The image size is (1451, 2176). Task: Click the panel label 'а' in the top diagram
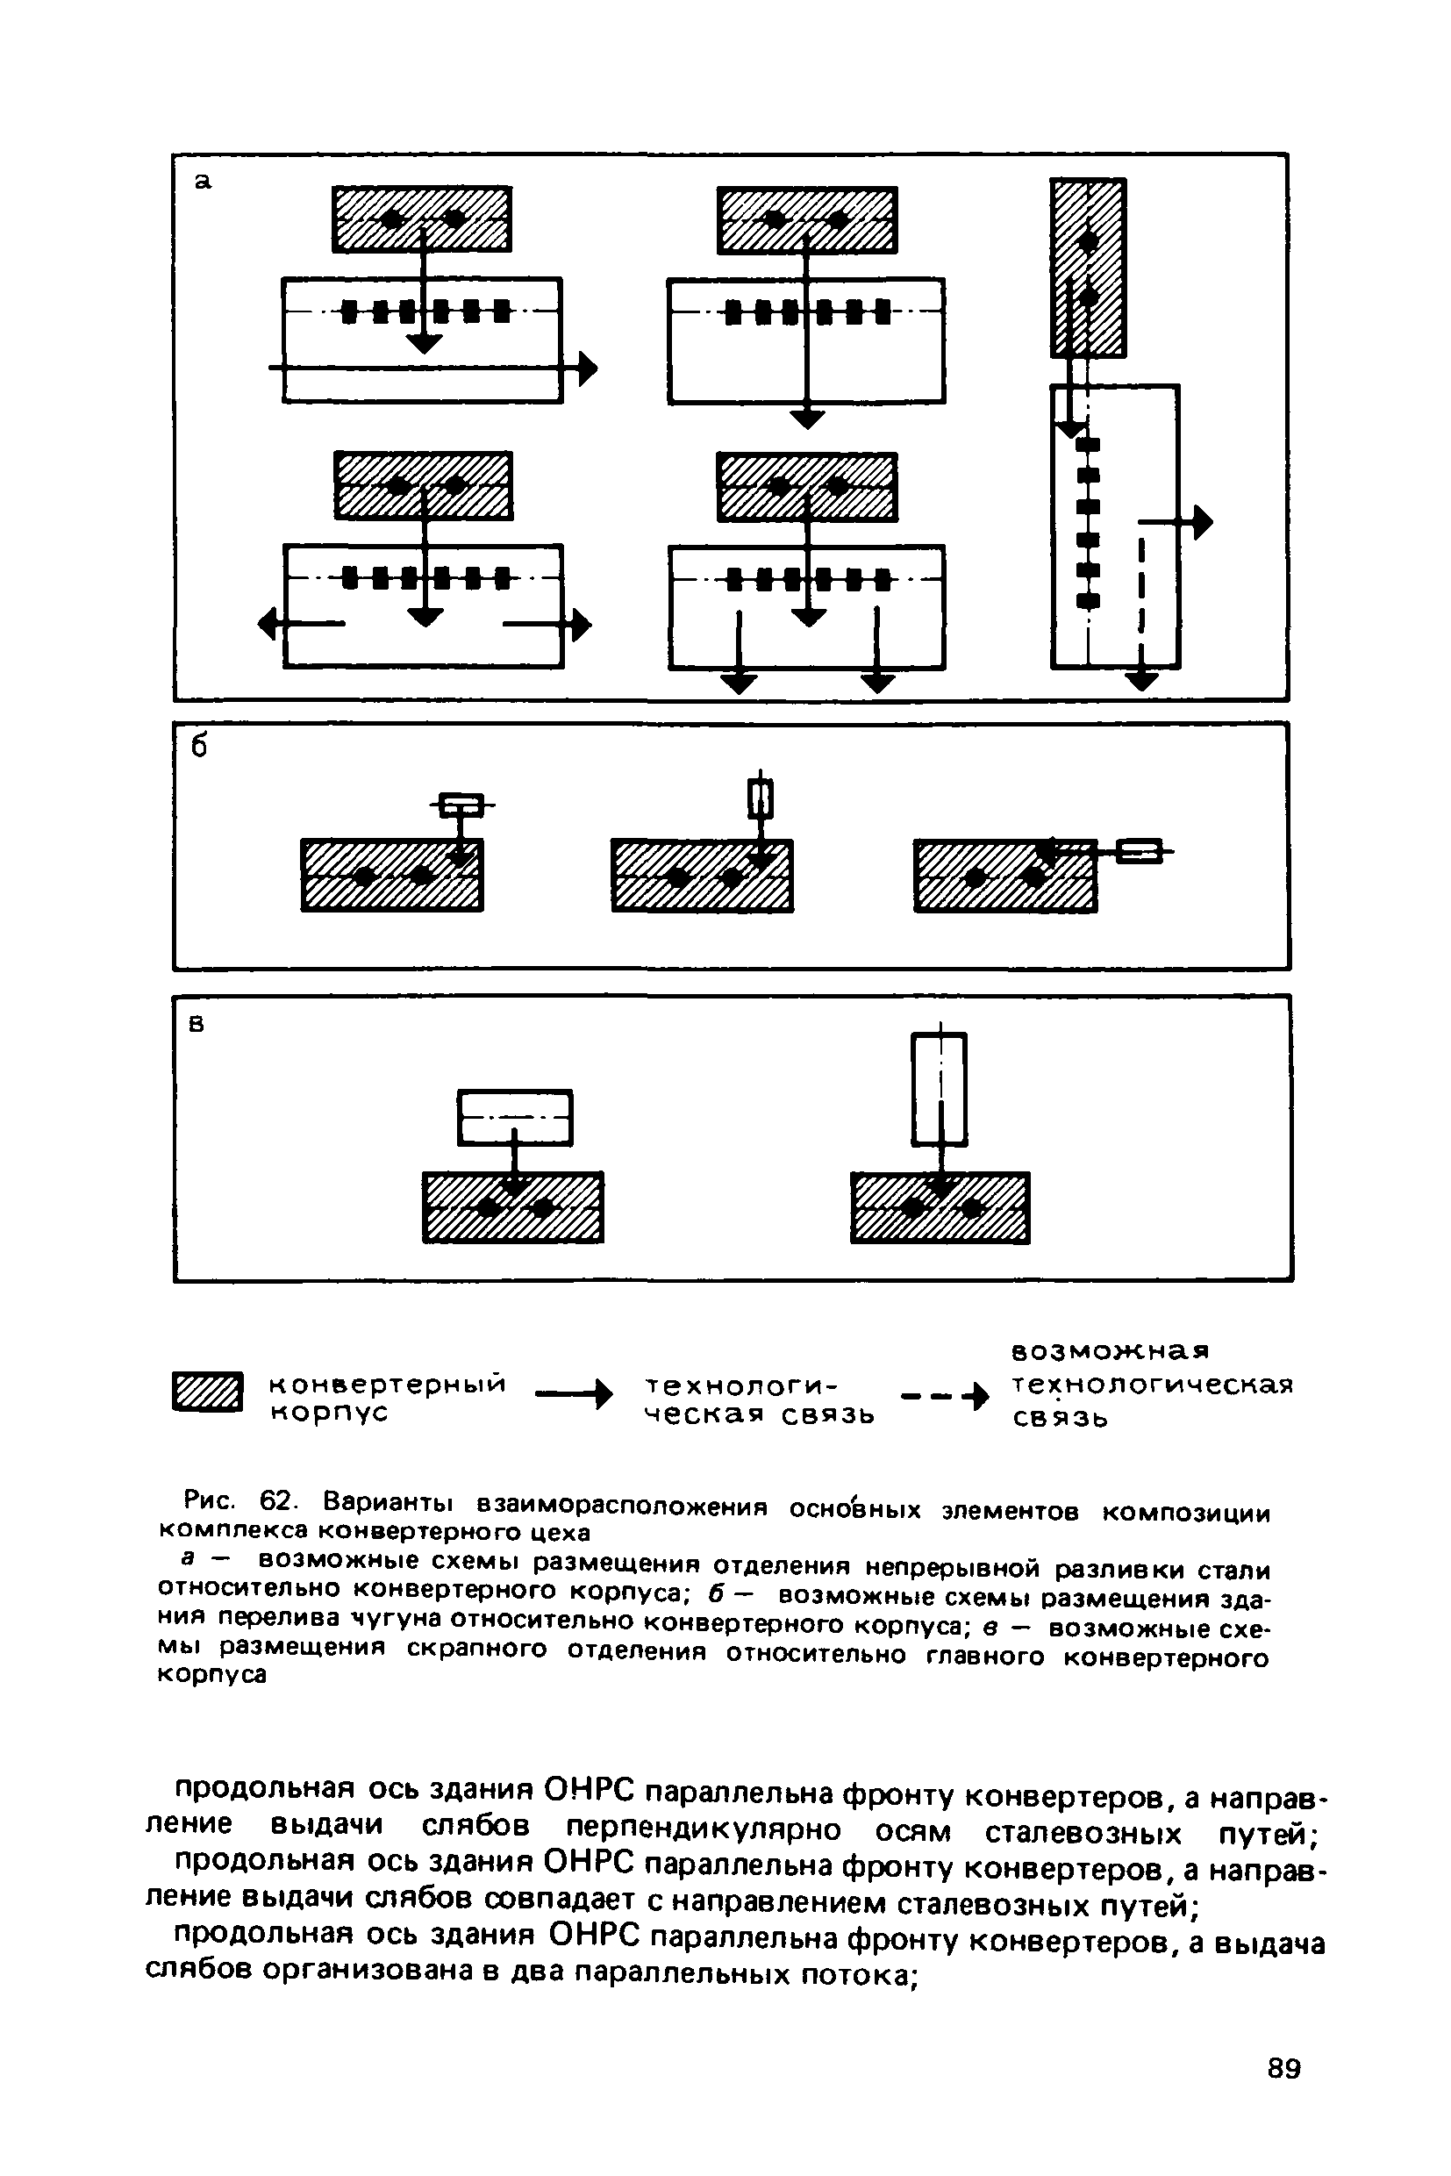(203, 183)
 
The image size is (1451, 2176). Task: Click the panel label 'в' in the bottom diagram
(197, 1025)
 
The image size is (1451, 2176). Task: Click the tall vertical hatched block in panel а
(1088, 268)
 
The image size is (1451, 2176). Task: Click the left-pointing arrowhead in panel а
(268, 626)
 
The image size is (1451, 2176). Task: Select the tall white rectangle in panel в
(940, 1089)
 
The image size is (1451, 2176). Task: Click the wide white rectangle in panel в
(516, 1117)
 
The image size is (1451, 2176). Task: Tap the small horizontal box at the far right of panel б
(1137, 850)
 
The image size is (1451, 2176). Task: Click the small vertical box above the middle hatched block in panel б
(760, 798)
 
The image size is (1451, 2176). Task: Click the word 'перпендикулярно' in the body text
(704, 1829)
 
